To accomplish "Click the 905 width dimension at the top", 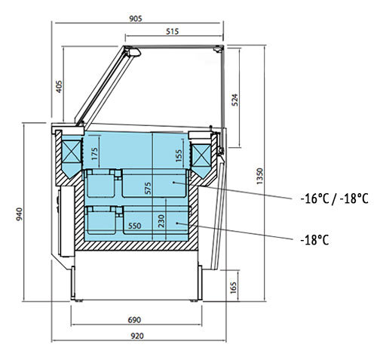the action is coord(136,19).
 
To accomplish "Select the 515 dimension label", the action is coord(173,32).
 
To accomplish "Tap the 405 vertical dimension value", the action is coord(59,87).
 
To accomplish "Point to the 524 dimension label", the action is coord(234,100).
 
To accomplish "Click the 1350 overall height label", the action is coord(260,176).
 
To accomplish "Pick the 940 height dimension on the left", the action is coord(19,214).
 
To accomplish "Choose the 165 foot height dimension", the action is coord(234,288).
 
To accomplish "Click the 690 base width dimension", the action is coord(134,320).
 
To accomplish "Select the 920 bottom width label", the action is coord(137,336).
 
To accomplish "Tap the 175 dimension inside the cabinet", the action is coord(94,154).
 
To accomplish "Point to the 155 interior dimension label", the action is coord(179,155).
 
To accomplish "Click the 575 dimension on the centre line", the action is coord(148,188).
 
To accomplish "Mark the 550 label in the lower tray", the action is coord(135,226).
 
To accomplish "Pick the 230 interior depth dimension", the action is coord(161,221).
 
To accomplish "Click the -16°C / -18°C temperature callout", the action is coord(335,198).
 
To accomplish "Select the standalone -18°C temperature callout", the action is coord(314,240).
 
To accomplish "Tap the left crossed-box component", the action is coord(71,152).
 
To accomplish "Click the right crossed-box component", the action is coord(201,155).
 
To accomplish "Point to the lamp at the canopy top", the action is coord(133,52).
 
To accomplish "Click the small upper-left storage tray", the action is coord(101,183).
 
